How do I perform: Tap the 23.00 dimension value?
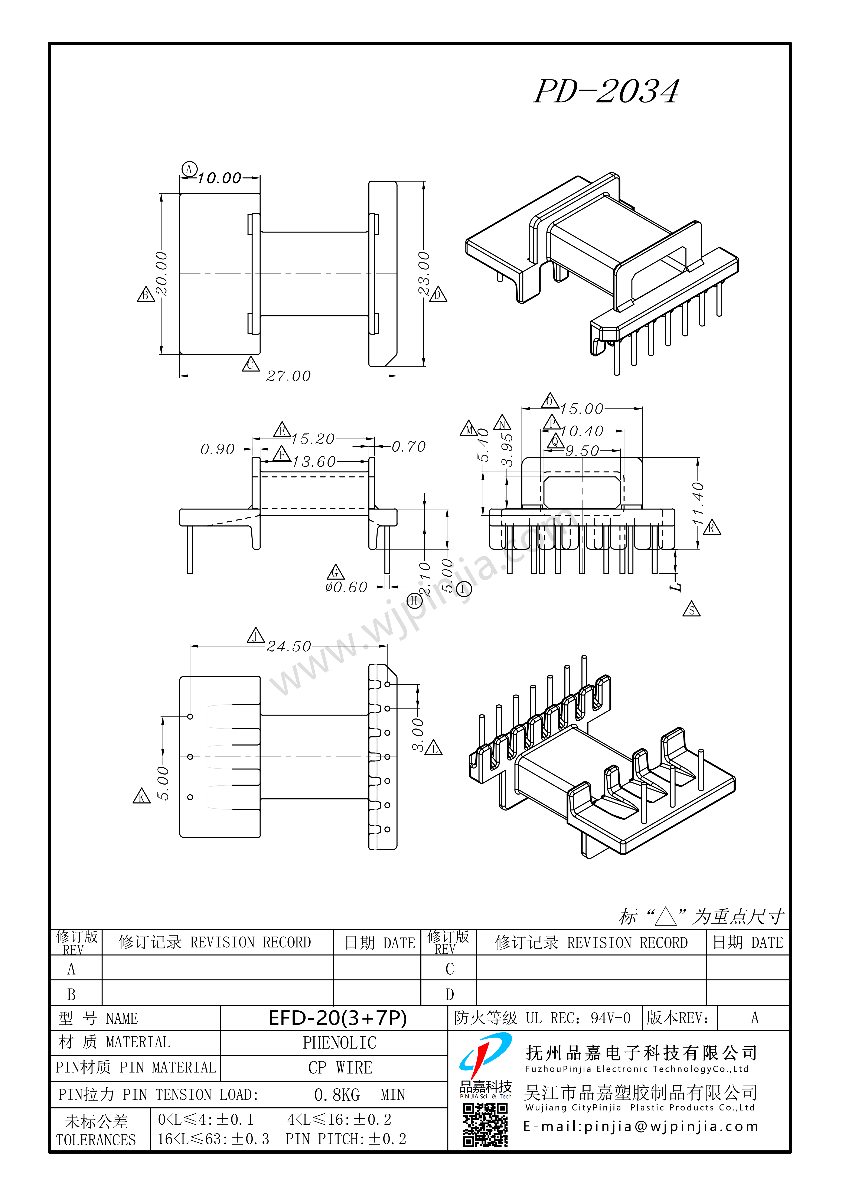tap(424, 273)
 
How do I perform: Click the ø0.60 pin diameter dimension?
tap(346, 587)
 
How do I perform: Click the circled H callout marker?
tap(414, 601)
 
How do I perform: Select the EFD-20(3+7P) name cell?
tap(337, 1018)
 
